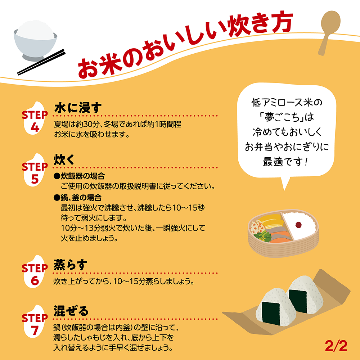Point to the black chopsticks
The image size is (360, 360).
point(41,62)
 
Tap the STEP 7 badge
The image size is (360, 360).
point(35,321)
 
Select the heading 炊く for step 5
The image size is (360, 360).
point(64,159)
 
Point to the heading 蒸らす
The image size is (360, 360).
point(71,265)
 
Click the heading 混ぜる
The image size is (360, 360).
point(71,311)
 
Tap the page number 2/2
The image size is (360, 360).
point(336,346)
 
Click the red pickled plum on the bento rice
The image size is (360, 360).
point(298,225)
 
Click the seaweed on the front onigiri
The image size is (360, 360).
point(271,314)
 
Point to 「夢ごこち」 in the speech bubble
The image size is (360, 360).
point(283,117)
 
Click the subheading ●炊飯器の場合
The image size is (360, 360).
point(79,176)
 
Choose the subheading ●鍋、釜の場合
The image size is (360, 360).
point(77,197)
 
